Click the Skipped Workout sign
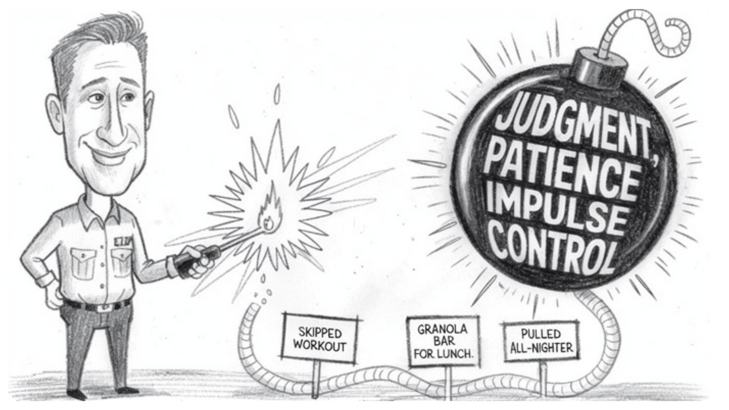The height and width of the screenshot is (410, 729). point(320,339)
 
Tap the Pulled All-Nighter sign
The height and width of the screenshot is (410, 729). point(541,341)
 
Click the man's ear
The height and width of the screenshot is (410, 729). point(53,110)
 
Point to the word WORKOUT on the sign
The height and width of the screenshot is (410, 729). point(320,346)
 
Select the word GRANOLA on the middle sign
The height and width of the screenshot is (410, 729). point(442,329)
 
